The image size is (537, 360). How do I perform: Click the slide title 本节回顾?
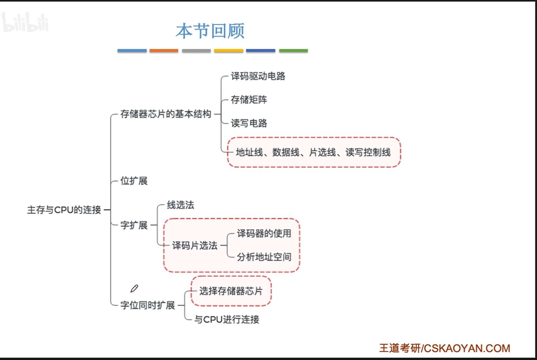210,31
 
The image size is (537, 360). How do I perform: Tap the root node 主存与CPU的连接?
64,210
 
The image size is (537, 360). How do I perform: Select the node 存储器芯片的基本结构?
166,114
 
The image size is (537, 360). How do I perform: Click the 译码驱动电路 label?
258,76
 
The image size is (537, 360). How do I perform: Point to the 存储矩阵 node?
249,100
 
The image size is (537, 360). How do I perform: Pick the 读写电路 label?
249,123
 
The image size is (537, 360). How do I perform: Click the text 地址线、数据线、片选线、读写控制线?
313,152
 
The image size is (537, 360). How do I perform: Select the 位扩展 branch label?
134,181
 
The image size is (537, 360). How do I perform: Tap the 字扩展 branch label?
134,225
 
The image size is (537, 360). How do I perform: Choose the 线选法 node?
180,205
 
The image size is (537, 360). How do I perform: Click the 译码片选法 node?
195,246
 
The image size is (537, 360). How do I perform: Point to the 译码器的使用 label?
264,234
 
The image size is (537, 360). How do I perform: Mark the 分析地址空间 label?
264,257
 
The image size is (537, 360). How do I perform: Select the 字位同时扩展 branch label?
147,305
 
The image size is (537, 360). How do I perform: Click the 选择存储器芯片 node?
231,291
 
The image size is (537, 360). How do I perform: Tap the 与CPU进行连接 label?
227,320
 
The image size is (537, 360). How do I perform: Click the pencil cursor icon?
134,289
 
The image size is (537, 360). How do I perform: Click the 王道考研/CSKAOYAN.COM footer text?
444,348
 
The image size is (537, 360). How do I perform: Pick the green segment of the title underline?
293,51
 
